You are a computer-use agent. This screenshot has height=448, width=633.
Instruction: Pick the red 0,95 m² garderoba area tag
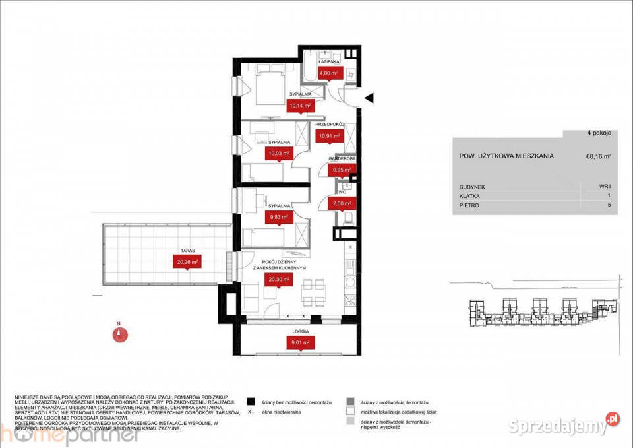coord(342,169)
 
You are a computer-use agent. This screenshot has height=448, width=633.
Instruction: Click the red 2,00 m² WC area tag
coord(341,204)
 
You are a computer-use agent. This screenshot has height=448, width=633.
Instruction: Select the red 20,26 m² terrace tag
coord(187,261)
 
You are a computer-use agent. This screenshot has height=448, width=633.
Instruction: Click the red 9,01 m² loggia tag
coord(300,342)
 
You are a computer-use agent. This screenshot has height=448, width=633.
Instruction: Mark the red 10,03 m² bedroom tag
coord(277,154)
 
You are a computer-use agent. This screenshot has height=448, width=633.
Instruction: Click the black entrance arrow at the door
coord(370,98)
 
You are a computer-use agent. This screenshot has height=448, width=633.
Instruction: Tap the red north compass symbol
coord(119,334)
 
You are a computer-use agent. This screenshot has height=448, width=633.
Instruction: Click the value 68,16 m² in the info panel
coord(598,156)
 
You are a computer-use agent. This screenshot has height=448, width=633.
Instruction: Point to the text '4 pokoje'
coord(599,133)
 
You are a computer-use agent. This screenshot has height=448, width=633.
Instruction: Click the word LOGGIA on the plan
coord(300,332)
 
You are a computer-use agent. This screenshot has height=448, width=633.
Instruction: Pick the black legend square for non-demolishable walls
coord(251,401)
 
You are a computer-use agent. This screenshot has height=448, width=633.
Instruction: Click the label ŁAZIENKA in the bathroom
coord(329,61)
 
